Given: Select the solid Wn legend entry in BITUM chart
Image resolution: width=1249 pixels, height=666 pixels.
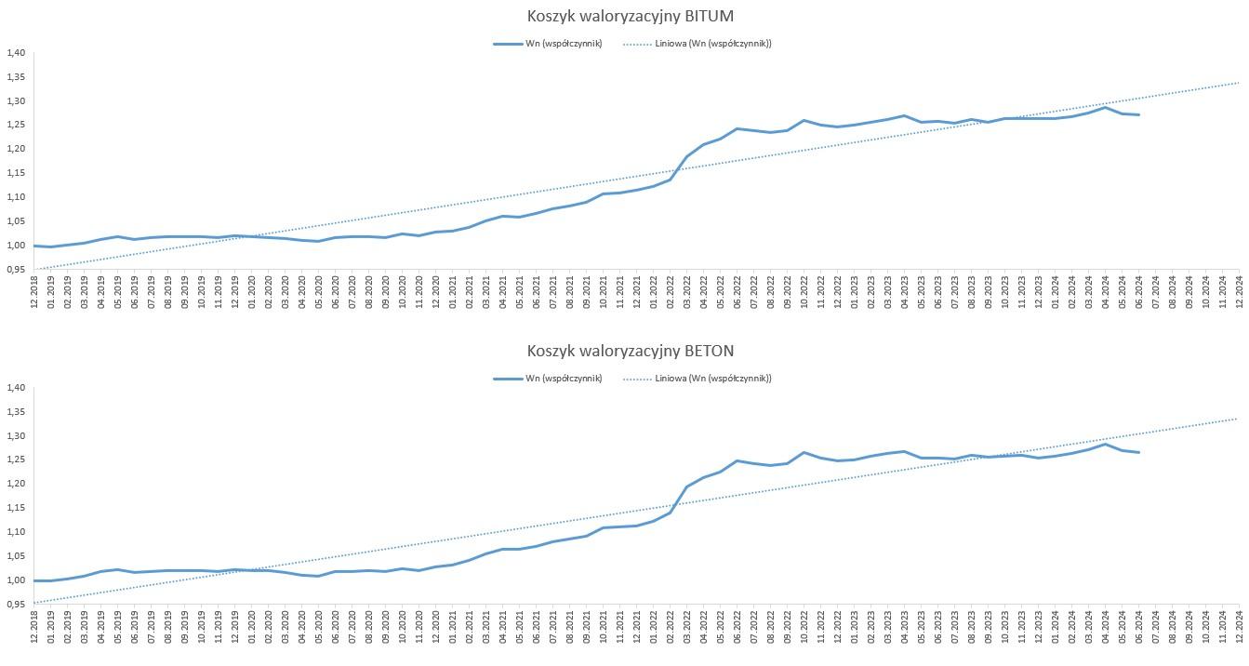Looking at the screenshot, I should coord(548,44).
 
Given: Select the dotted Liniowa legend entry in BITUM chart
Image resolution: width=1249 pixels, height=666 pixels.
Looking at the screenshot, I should coord(697,44).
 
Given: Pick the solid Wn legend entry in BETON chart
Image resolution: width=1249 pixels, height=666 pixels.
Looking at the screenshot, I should coord(548,379).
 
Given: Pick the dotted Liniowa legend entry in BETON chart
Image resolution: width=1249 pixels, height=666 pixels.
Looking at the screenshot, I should coord(697,379).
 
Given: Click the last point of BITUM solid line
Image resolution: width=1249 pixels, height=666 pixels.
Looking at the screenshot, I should coord(1138,115).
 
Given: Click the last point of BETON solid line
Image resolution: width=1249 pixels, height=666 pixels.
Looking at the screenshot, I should coord(1138,453).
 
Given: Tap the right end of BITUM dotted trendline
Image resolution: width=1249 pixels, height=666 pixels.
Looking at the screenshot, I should coord(1239,83).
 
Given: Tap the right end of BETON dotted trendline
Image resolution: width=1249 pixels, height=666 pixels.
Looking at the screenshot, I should coord(1239,419).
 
